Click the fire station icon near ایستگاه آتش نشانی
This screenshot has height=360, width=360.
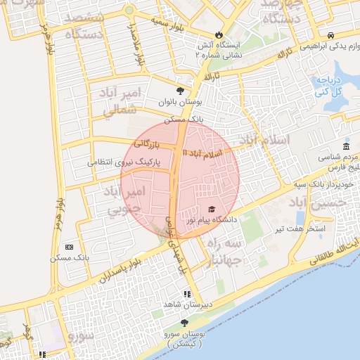(219, 34)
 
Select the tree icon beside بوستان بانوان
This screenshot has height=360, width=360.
(181, 91)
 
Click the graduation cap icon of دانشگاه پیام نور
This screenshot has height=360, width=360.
(212, 209)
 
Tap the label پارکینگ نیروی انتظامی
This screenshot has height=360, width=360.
(124, 162)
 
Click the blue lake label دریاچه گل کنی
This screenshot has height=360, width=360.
(328, 86)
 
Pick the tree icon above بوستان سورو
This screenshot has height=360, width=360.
(185, 323)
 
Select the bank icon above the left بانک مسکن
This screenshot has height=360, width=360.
(69, 247)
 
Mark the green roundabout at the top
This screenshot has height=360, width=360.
(129, 11)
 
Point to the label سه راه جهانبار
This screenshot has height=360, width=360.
(225, 251)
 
